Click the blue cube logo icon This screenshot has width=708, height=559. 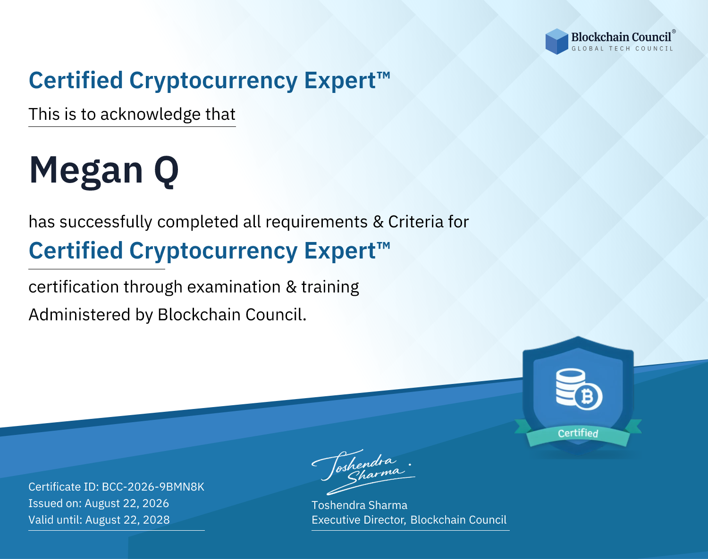(x=556, y=42)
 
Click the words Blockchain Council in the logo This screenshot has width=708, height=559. (x=621, y=37)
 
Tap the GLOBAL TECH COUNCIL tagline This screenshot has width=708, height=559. (x=623, y=49)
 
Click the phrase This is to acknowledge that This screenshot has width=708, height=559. (x=132, y=115)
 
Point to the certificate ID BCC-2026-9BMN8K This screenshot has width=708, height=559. (x=153, y=487)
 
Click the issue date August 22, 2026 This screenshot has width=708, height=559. (x=126, y=503)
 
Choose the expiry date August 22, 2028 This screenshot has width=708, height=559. (x=127, y=520)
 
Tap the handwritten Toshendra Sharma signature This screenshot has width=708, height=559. (x=363, y=472)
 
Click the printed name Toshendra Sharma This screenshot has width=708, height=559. (x=359, y=505)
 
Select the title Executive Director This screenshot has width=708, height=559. (x=358, y=520)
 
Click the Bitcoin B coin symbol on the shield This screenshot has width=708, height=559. (x=588, y=397)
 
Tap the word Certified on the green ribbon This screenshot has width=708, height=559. (x=578, y=434)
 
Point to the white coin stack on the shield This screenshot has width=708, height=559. (x=570, y=387)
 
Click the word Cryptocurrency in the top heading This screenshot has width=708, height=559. (x=213, y=81)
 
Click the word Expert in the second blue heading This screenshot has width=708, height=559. (x=340, y=251)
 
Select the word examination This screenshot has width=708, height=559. (x=234, y=287)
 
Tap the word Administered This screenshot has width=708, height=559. (x=79, y=315)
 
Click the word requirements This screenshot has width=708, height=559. (x=317, y=222)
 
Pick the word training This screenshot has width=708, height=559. (x=330, y=287)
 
